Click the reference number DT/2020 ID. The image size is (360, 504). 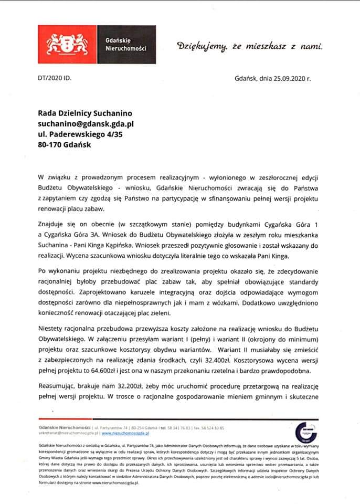tap(54, 79)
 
